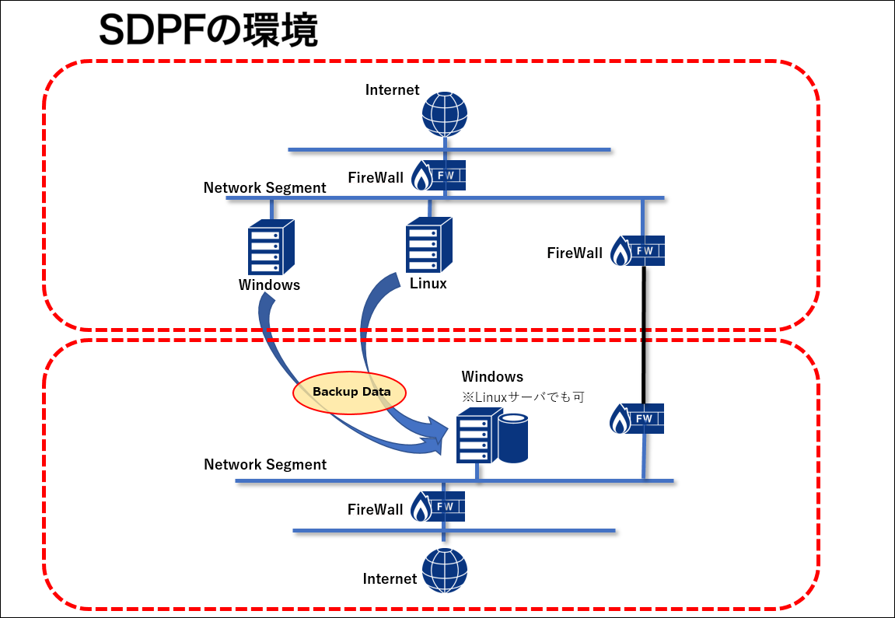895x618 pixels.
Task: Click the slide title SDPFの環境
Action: tap(208, 30)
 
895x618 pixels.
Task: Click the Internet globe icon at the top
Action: tap(445, 114)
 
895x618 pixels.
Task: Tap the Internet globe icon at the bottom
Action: tap(445, 571)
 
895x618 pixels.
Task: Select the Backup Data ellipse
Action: tap(349, 392)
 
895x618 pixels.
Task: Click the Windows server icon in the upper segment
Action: tap(271, 247)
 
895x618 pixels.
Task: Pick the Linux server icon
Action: tap(428, 246)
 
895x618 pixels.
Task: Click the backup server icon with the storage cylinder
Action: tap(492, 435)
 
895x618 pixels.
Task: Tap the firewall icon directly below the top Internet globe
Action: tap(439, 175)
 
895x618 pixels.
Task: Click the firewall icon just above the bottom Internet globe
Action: tap(438, 506)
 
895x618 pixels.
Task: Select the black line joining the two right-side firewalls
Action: tap(643, 335)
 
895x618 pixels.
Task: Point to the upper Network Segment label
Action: tap(265, 188)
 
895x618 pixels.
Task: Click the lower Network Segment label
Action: tap(265, 465)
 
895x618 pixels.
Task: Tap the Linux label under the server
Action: tap(428, 284)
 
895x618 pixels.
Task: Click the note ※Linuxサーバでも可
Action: tap(523, 396)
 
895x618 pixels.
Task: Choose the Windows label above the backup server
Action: tap(492, 376)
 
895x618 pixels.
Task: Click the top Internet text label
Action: tap(392, 89)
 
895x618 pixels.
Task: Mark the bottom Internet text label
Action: tap(390, 578)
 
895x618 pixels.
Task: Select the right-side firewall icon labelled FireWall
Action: tap(638, 251)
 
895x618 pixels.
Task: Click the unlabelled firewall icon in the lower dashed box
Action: tap(637, 419)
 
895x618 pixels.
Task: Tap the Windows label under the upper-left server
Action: tap(269, 285)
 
